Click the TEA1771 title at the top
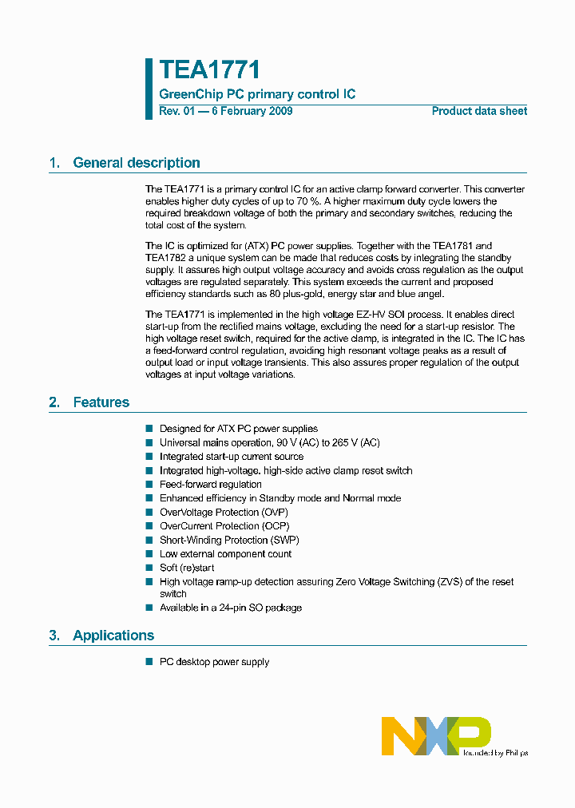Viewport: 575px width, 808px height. (209, 70)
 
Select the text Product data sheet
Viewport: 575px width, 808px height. (479, 111)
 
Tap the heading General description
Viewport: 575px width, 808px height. (136, 163)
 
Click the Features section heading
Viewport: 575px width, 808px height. (101, 402)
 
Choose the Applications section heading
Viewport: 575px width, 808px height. (113, 636)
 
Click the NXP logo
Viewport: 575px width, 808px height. (435, 735)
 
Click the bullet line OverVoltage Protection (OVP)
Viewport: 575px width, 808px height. (224, 512)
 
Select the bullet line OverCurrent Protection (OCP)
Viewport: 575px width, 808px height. (224, 526)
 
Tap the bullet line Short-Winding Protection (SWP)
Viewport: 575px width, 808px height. (229, 540)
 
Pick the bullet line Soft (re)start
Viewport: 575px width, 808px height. (187, 568)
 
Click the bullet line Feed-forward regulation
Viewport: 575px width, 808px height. (210, 484)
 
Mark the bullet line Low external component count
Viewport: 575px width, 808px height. (225, 554)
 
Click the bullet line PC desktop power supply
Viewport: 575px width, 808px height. (214, 662)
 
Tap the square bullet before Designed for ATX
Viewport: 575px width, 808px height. (149, 429)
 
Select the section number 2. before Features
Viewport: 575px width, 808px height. (54, 402)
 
